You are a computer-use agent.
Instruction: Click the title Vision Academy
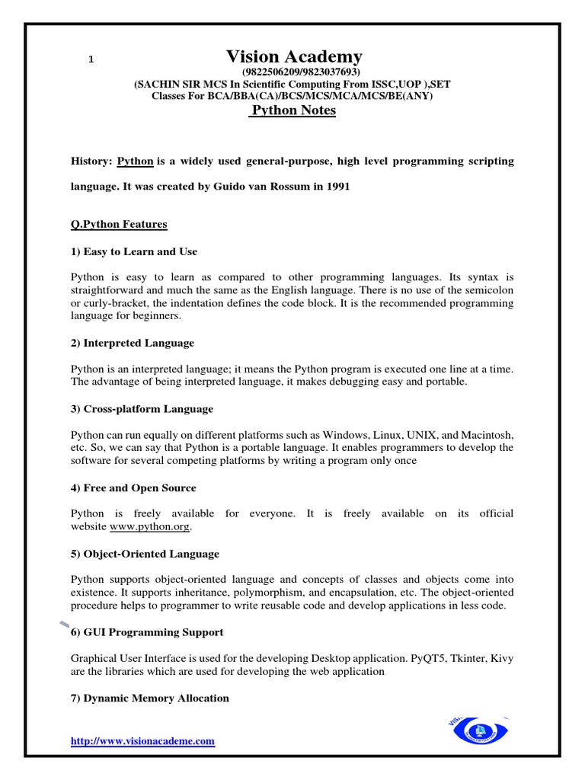click(294, 56)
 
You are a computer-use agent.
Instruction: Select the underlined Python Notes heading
click(294, 110)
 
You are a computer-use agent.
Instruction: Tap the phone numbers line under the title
click(293, 73)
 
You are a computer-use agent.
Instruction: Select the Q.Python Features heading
click(119, 225)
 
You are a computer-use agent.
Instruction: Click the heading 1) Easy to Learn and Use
click(133, 251)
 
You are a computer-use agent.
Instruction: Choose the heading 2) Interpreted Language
click(132, 343)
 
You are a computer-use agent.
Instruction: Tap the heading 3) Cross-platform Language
click(142, 409)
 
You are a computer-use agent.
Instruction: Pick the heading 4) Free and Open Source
click(133, 487)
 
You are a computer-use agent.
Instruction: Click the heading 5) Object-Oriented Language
click(145, 554)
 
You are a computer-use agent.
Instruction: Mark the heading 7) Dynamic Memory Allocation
click(149, 698)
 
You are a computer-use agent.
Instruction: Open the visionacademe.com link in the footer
click(142, 740)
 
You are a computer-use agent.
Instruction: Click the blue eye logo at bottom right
click(479, 730)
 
